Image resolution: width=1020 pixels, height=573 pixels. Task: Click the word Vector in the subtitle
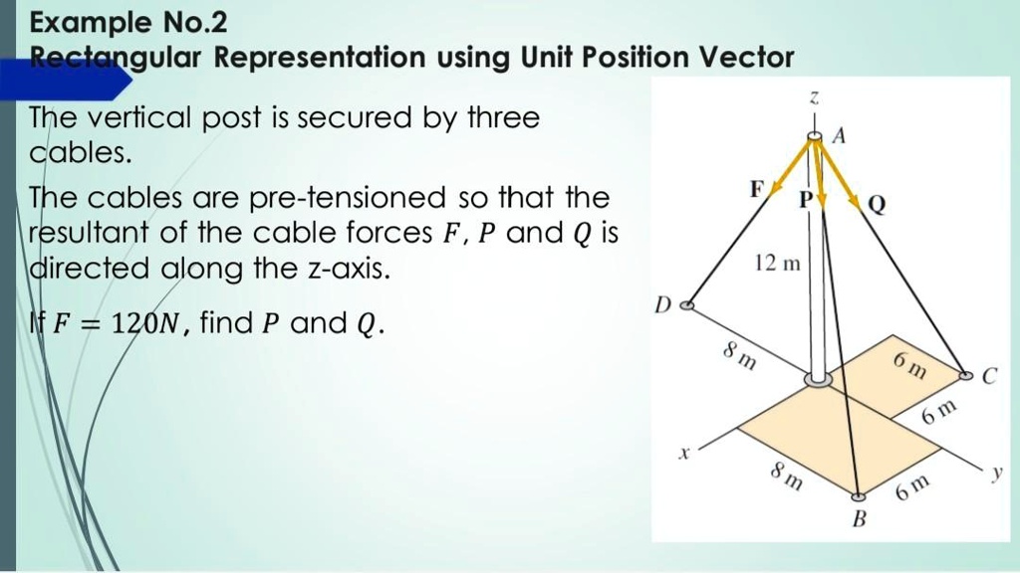[x=746, y=58]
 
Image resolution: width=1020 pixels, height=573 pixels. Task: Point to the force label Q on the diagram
[x=877, y=205]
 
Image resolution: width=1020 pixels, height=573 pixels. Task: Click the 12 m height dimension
[x=776, y=266]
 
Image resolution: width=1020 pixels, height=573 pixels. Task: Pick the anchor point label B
[x=860, y=519]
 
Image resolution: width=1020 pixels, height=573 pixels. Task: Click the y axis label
[x=995, y=475]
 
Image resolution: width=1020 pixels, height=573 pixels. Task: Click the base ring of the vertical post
[x=819, y=378]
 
